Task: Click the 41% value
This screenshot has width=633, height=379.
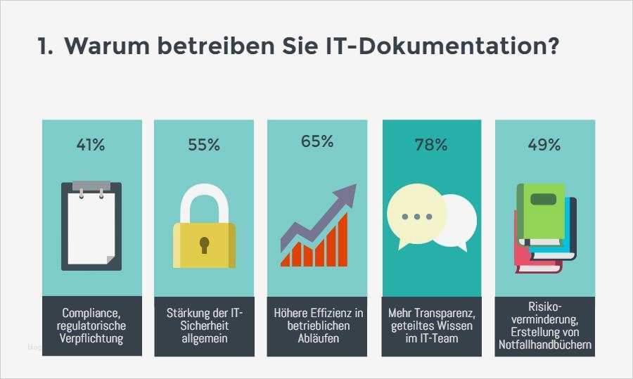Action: pos(91,146)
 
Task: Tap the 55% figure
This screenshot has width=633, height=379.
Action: pos(204,146)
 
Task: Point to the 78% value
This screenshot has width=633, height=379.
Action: pos(431,146)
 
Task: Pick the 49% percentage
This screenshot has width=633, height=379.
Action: pos(544,146)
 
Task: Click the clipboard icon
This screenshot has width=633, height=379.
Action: pos(91,226)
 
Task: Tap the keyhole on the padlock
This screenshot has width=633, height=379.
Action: pos(204,245)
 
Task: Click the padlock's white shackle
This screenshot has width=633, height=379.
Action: pos(204,205)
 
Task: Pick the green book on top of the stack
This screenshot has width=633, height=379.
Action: pos(541,212)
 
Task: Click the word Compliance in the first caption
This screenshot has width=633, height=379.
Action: pos(92,313)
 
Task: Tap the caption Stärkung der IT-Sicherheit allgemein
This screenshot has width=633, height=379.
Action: pos(204,326)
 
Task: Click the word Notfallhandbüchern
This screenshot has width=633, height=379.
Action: pos(544,345)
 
